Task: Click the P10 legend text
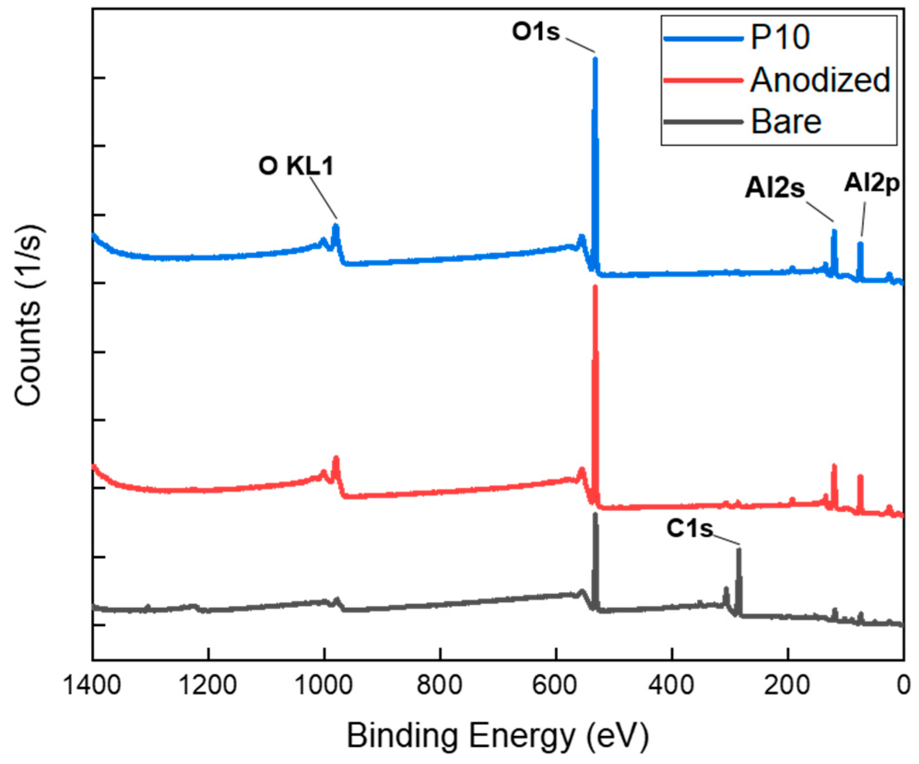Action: tap(780, 37)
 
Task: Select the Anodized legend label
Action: tap(820, 80)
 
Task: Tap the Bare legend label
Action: tap(786, 122)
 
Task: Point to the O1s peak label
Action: tap(536, 32)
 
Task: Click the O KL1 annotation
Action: tap(295, 166)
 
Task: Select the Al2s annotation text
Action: tap(775, 188)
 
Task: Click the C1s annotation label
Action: tap(689, 528)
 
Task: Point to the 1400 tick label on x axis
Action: tap(92, 685)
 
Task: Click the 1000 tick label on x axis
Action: tap(324, 685)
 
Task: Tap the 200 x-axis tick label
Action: tap(787, 685)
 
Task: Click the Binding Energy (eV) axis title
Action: tap(498, 736)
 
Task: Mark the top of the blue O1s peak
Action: tap(595, 59)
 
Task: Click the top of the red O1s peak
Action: tap(595, 287)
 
